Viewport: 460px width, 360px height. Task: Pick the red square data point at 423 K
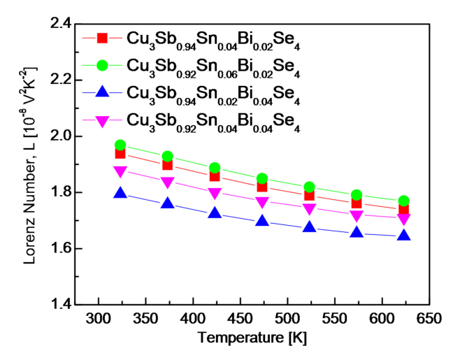click(215, 175)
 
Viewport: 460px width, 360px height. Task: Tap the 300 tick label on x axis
click(99, 319)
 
